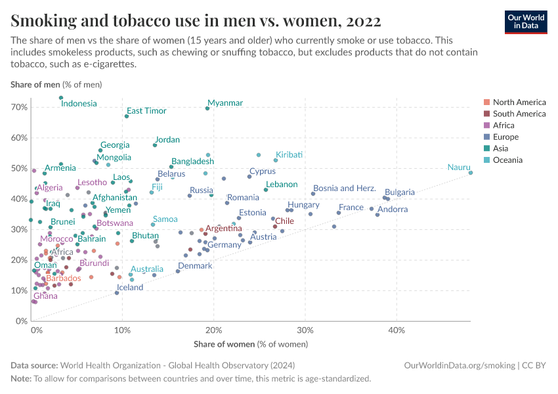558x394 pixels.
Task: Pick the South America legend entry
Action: tap(519, 114)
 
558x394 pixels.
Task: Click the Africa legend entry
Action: tap(504, 125)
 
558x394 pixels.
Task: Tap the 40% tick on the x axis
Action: tap(396, 330)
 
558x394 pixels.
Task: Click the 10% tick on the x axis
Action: tap(123, 330)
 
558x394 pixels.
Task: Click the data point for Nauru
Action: tap(471, 173)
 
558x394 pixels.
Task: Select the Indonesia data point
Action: tap(61, 98)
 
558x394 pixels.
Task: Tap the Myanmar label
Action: tap(225, 103)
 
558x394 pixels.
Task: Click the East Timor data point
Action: tap(127, 116)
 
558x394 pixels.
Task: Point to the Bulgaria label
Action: tap(400, 192)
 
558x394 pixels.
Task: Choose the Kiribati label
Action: tap(290, 154)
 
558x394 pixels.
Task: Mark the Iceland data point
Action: tap(117, 293)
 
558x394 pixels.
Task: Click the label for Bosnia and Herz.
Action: tap(345, 188)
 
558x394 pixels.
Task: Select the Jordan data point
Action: tap(155, 145)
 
